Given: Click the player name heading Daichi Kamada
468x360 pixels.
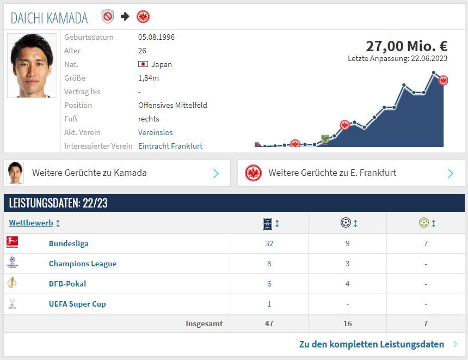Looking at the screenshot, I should pos(49,18).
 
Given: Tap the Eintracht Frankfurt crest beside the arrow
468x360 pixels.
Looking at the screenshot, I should pos(143,16).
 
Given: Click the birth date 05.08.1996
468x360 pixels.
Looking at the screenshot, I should pos(156,37).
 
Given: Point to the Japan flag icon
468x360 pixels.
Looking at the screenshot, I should pos(143,64).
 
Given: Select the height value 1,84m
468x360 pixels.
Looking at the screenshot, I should pos(149,78).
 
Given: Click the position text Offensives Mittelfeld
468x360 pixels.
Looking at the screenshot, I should pos(173,105).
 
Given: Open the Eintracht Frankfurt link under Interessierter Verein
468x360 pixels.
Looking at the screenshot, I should pos(170,146).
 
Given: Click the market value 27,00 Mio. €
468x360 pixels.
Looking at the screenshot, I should pos(406,46).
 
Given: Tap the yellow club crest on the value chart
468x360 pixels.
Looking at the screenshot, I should pos(325,138).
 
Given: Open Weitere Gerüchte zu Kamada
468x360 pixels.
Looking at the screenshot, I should pos(89,173).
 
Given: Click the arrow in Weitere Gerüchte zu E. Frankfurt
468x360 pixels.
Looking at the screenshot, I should pos(451,173).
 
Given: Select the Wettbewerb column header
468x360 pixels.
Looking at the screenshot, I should pos(31,223).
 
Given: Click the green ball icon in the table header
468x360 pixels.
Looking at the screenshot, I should pos(424,223).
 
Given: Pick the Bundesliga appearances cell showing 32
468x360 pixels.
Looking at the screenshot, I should pos(269,243).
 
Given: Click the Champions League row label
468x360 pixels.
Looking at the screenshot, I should pos(83,264).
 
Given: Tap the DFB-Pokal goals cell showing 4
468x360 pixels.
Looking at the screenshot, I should pos(347,284).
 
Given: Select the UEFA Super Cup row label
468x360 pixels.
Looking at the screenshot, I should pos(77,304).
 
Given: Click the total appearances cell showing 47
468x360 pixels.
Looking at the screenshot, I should pos(269,324).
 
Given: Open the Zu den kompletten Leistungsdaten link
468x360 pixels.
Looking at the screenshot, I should pos(371,344).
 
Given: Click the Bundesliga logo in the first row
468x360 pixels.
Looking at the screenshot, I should pos(12,243).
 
